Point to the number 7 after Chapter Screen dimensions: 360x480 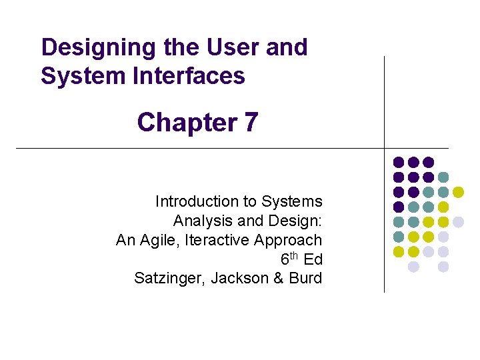pos(251,123)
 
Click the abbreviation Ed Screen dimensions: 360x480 pos(313,259)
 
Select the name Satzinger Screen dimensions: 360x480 pos(169,279)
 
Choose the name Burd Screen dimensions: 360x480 pos(305,279)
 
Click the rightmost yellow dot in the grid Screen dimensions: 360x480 pos(458,192)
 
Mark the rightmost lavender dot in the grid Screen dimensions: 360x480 pos(458,222)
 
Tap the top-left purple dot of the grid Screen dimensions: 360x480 pos(399,162)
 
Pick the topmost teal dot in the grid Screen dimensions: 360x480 pos(443,177)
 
